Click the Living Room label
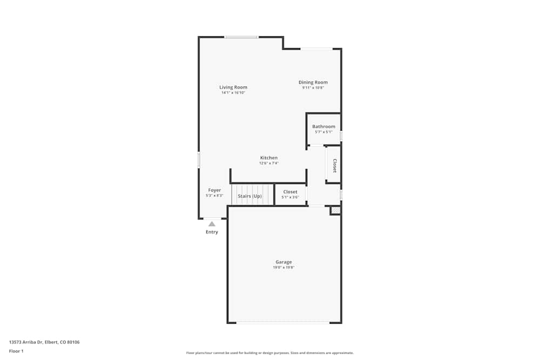tap(233, 87)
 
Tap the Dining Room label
tap(313, 83)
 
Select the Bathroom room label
tap(323, 127)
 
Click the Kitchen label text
tap(269, 158)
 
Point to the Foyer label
tap(214, 191)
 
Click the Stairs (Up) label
tap(249, 196)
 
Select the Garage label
tap(283, 262)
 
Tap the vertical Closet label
tap(335, 165)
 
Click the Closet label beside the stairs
tap(290, 192)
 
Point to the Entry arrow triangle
tap(212, 223)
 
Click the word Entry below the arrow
tap(212, 232)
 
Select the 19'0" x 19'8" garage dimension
tap(283, 268)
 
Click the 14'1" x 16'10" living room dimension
tap(233, 93)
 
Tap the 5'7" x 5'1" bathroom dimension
tap(323, 132)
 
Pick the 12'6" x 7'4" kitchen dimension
tap(269, 163)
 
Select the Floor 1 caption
tap(16, 351)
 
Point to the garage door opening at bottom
tap(283, 323)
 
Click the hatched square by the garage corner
tap(335, 210)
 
